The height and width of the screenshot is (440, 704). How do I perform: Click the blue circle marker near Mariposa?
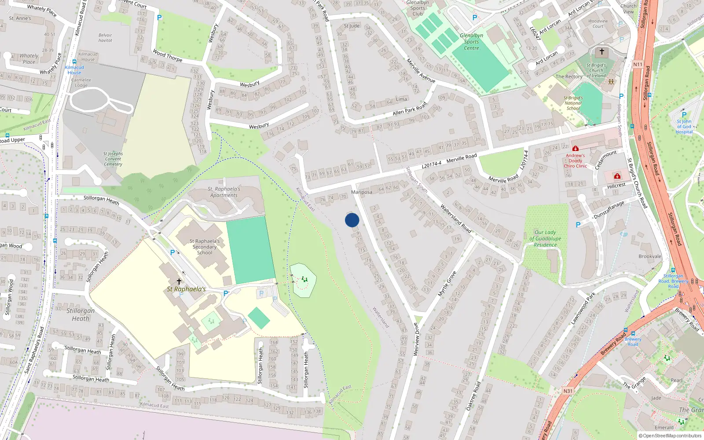point(352,220)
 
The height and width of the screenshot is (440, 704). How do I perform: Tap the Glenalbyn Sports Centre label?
point(471,42)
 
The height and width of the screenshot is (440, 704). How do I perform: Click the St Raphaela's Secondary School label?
point(204,247)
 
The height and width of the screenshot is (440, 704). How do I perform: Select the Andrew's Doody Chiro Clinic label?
point(575,161)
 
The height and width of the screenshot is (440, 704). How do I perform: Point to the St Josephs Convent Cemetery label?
point(113,159)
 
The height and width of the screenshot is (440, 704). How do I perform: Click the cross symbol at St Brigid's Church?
point(602,52)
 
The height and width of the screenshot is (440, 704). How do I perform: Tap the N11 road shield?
point(638,64)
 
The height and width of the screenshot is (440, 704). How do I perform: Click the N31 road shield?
point(568,391)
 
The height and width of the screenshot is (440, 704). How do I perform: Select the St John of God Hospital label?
point(684,127)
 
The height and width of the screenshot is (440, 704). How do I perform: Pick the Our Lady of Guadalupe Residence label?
point(545,238)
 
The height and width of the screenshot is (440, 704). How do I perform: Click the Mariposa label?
point(362,192)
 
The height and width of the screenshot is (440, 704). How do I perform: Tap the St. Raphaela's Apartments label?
point(224,192)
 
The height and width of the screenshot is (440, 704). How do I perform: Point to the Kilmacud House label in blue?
point(74,70)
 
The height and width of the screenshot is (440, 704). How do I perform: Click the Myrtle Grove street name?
point(446,283)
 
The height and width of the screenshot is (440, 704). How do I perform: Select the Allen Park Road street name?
point(410,109)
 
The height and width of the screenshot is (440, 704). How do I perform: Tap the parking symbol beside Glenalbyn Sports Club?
point(474,18)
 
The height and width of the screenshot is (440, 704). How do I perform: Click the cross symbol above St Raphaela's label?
point(179,281)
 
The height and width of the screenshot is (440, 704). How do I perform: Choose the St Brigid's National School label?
point(573,103)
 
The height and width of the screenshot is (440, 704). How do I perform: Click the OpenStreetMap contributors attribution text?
point(670,436)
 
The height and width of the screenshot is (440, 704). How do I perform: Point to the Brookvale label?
point(650,257)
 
